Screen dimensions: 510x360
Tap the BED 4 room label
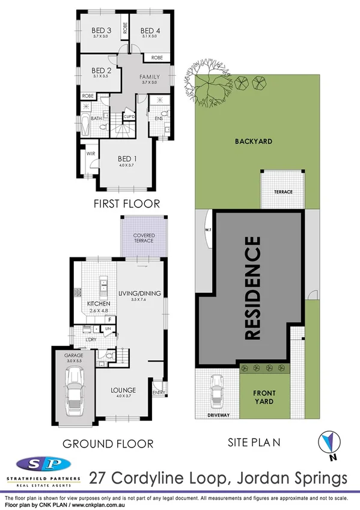click(x=148, y=31)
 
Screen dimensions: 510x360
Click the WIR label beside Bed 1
click(x=91, y=153)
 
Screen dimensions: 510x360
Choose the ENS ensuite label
click(x=159, y=118)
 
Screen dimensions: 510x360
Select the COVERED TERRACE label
click(x=144, y=238)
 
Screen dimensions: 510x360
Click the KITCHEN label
click(x=97, y=304)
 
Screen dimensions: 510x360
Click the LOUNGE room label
click(x=123, y=390)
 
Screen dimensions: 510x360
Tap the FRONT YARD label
click(x=264, y=397)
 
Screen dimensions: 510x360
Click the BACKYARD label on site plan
click(x=254, y=142)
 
